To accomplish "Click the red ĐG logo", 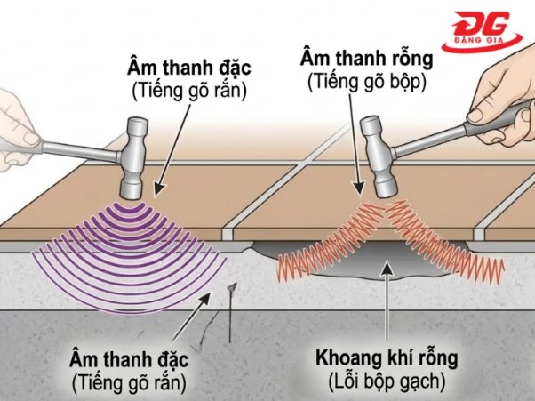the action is (x=482, y=32).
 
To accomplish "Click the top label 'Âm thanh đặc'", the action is (x=189, y=68).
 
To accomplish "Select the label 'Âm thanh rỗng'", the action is (x=367, y=59).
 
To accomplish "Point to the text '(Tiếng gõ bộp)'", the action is (x=367, y=83).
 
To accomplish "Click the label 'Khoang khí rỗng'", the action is (x=387, y=358).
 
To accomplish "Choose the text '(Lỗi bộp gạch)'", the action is (x=387, y=381).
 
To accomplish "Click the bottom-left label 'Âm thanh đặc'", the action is (x=129, y=360).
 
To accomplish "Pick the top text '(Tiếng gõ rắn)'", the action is (x=189, y=91).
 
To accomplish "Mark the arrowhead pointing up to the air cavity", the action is (x=387, y=267).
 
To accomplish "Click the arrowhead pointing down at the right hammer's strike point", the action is (x=358, y=188).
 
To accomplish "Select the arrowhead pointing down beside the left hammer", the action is (x=159, y=189).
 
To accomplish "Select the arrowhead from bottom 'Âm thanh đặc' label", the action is (x=204, y=299).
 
